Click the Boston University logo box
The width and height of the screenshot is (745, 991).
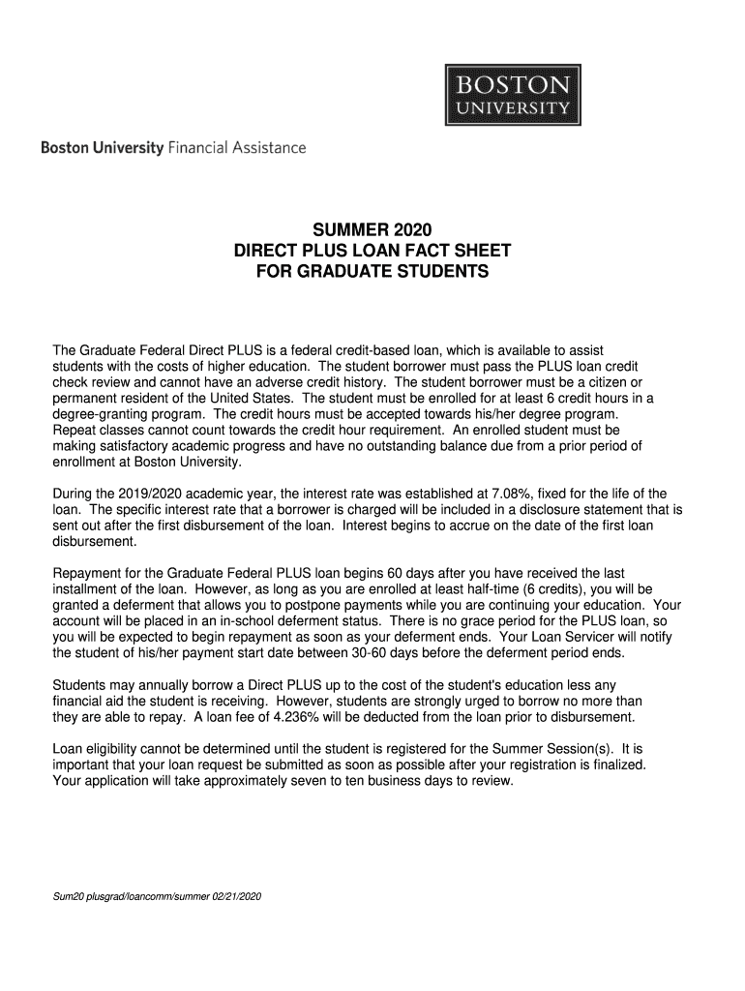coord(513,94)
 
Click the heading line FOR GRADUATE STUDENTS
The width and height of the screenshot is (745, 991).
coord(372,273)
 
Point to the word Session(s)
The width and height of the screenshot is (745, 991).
coord(574,748)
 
